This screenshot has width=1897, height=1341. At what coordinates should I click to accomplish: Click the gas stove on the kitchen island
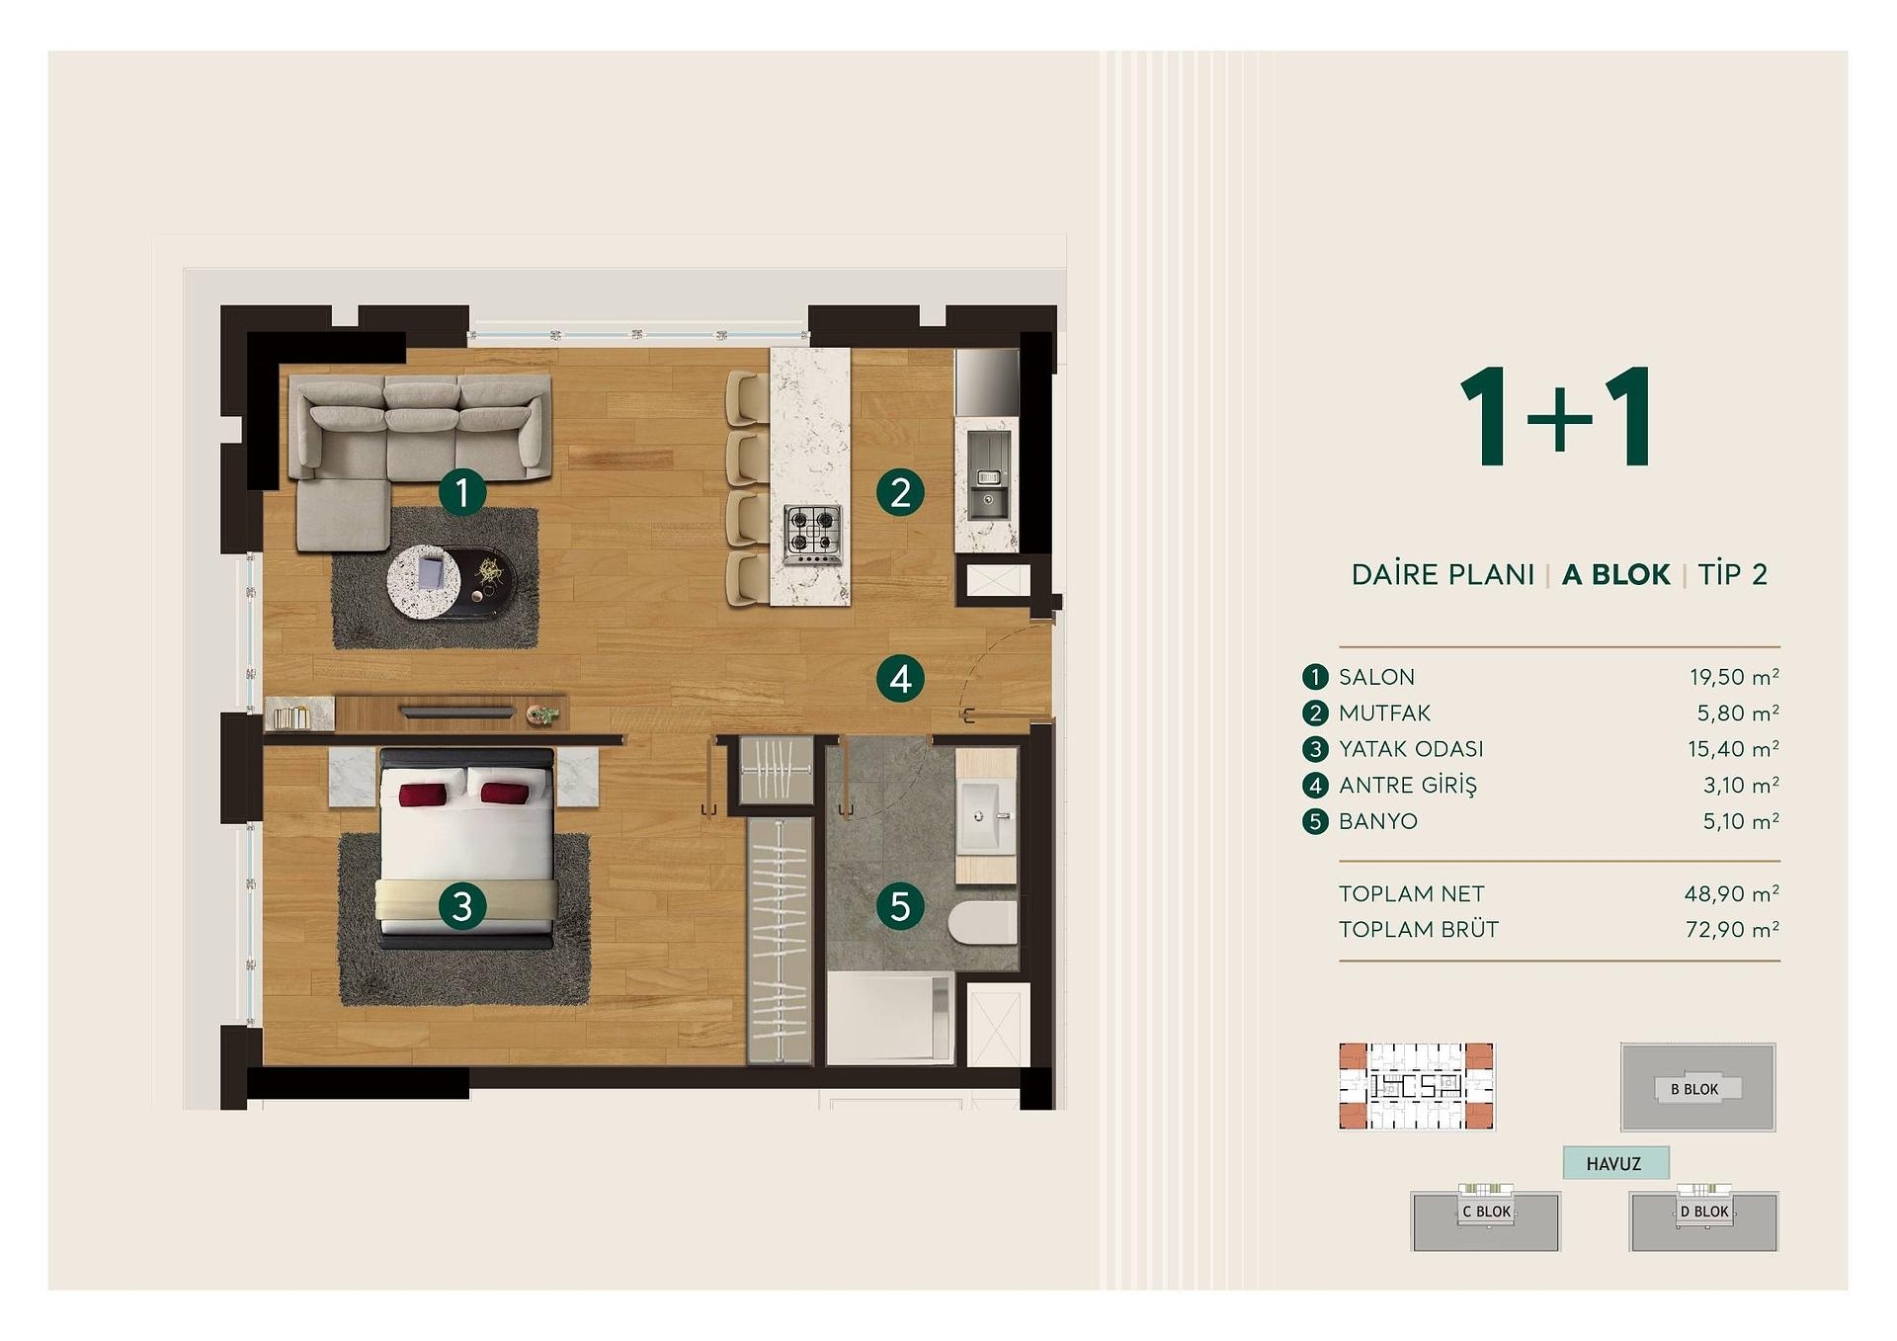click(813, 535)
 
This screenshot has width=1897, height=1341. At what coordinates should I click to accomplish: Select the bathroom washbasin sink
click(987, 816)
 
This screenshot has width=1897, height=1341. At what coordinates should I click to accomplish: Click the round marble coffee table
click(424, 583)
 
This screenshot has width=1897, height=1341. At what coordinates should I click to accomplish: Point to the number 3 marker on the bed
click(462, 905)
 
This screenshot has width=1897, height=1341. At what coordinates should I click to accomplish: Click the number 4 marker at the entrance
click(900, 679)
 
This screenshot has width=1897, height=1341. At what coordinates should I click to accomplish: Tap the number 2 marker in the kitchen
click(900, 492)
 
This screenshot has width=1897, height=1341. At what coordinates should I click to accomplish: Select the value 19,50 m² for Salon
click(1734, 677)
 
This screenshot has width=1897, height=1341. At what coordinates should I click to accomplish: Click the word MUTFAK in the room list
click(1384, 713)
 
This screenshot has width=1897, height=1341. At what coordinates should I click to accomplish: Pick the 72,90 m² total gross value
click(1732, 929)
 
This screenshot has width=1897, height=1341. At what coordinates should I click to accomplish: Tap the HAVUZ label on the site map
click(1613, 1164)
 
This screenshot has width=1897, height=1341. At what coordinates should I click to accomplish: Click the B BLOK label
click(1694, 1089)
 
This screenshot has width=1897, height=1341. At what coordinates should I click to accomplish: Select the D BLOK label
click(1704, 1212)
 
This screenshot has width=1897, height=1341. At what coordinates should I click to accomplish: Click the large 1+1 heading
click(1556, 416)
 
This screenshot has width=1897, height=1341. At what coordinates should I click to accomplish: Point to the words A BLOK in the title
click(1615, 574)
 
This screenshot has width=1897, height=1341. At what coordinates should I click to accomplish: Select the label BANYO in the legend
click(1377, 821)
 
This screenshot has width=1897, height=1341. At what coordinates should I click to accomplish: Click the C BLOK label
click(1486, 1212)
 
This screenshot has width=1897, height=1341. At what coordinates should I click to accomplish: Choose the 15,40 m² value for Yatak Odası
click(1733, 749)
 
